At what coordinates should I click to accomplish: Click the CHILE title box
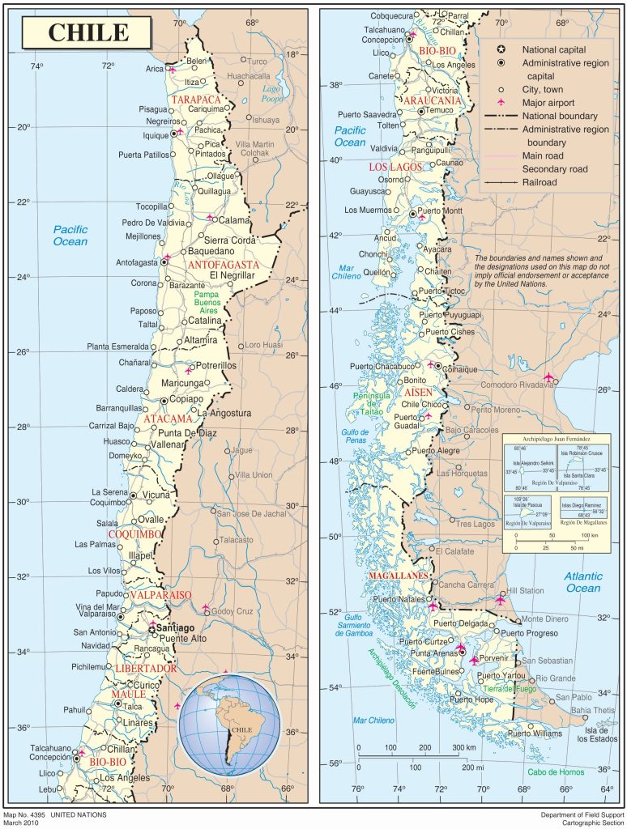click(88, 32)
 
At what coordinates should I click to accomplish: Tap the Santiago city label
click(176, 627)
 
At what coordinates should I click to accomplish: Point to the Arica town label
click(154, 69)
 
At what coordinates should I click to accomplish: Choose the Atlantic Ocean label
click(583, 582)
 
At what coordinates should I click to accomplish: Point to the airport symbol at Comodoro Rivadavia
click(551, 377)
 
